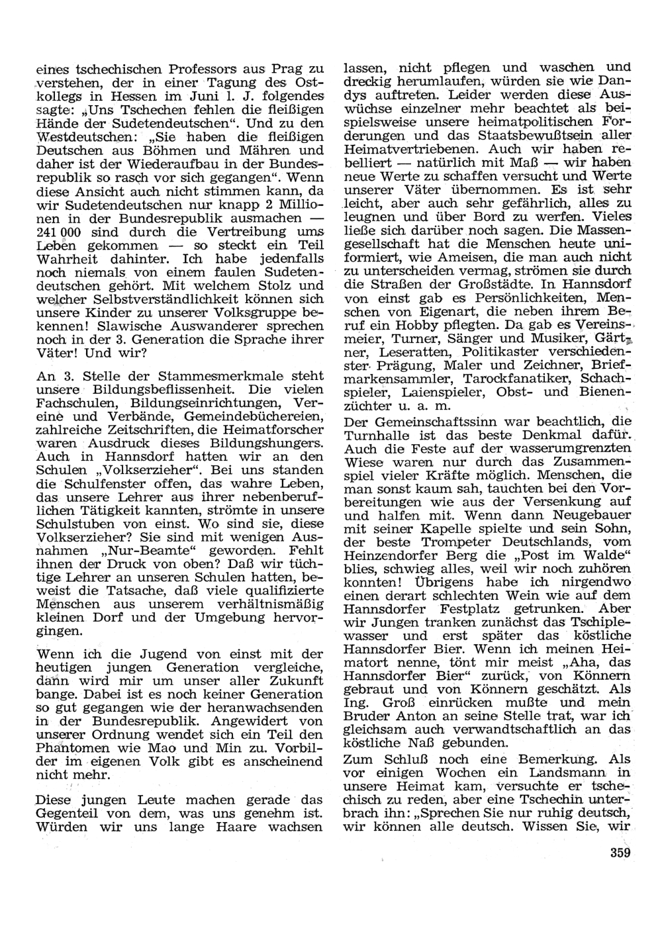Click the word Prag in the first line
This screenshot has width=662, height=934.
(285, 69)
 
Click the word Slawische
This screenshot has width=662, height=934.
(124, 326)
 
